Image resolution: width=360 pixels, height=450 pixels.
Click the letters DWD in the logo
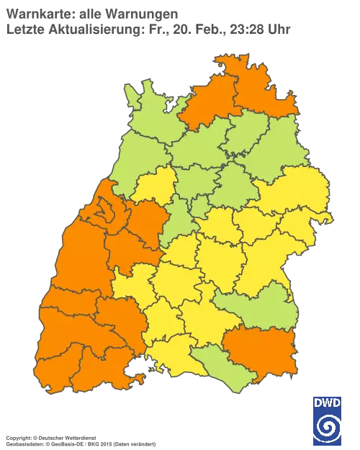pos(328,403)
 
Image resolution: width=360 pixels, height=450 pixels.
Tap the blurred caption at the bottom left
pos(50,438)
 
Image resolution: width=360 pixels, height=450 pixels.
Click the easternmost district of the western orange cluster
pos(148,220)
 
